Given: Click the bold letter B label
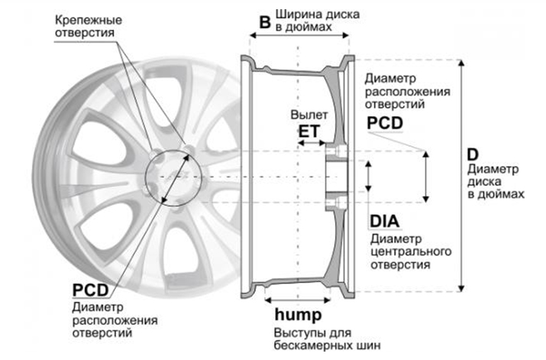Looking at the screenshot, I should (x=264, y=22).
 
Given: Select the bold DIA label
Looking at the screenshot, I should (x=384, y=222).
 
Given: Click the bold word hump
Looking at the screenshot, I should (x=298, y=316).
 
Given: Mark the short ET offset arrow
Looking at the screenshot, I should (x=309, y=143).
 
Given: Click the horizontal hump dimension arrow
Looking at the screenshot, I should (x=298, y=300).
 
